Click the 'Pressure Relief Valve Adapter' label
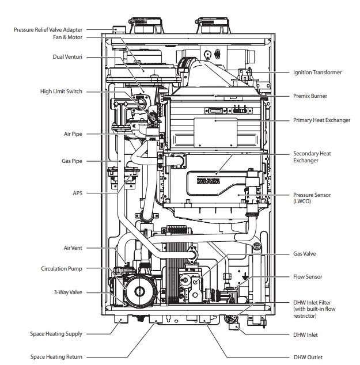point(48,29)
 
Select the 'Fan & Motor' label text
point(68,37)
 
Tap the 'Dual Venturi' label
point(67,57)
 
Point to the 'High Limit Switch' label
point(61,92)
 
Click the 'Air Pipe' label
point(73,134)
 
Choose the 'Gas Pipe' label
point(72,161)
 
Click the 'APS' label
point(77,193)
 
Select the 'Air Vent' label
point(73,248)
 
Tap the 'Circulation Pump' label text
point(62,269)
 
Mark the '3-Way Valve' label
point(68,292)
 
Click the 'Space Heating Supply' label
point(56,334)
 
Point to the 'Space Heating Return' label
point(56,357)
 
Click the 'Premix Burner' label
point(310,96)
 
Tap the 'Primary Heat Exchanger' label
point(321,120)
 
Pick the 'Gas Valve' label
point(305,253)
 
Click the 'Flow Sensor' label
point(308,277)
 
